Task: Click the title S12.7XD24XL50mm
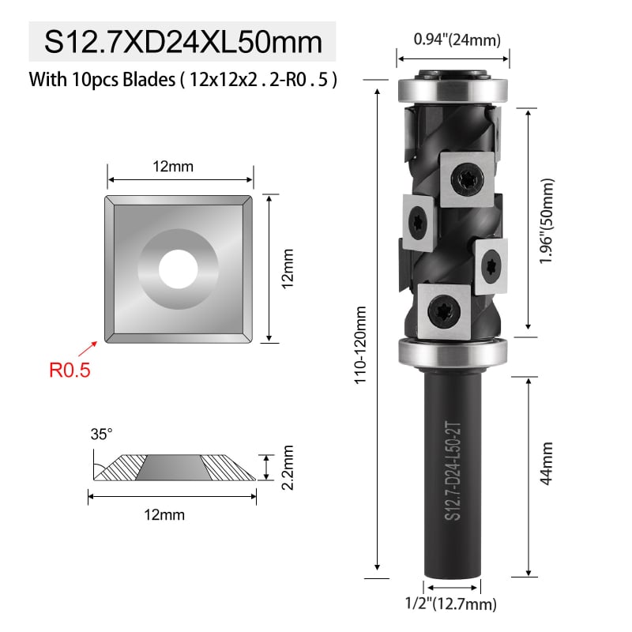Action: pyautogui.click(x=183, y=42)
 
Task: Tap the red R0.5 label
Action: pyautogui.click(x=70, y=370)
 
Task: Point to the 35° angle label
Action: pyautogui.click(x=101, y=434)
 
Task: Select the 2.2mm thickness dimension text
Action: pyautogui.click(x=288, y=468)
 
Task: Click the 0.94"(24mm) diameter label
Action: pyautogui.click(x=457, y=39)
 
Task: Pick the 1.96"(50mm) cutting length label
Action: pyautogui.click(x=547, y=221)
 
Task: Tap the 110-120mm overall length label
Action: pyautogui.click(x=360, y=344)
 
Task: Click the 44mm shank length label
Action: pyautogui.click(x=546, y=464)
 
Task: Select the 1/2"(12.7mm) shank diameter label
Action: pyautogui.click(x=450, y=604)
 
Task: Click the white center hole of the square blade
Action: pyautogui.click(x=179, y=269)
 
